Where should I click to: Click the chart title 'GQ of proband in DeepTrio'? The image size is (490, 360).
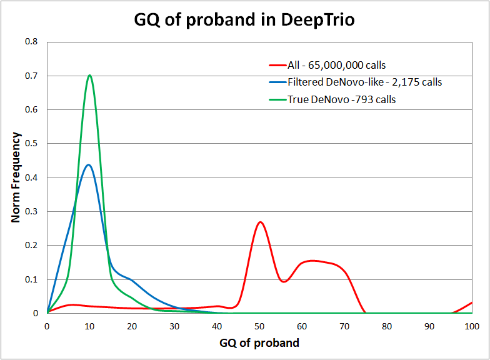pos(244,20)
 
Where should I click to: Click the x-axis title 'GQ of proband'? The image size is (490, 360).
pos(259,342)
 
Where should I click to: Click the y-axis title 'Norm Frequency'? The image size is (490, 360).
pos(17,177)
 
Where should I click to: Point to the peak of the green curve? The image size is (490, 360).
pos(90,76)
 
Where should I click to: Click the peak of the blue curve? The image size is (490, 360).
pos(89,165)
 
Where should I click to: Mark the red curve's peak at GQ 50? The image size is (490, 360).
pos(260,222)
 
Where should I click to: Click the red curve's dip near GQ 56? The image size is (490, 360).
pos(284,282)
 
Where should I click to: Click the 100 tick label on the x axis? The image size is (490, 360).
pos(471,326)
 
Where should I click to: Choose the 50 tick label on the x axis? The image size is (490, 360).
pos(259,326)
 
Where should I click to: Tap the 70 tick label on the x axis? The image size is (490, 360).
pos(344,326)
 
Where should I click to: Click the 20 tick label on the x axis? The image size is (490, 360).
pos(132,326)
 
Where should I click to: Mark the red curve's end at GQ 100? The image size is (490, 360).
pos(472,302)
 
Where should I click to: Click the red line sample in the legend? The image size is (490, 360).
pos(277,65)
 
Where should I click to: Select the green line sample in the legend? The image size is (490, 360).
pos(277,99)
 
